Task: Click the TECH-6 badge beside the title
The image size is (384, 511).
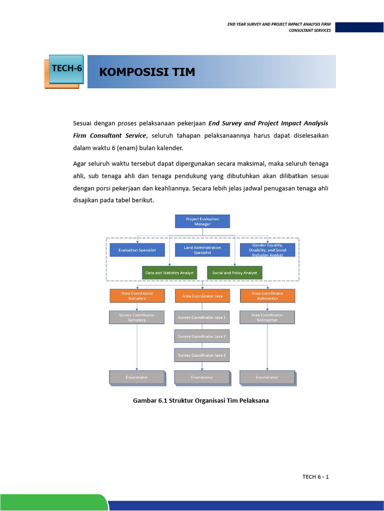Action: (66, 69)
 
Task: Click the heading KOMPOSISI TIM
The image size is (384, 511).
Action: (147, 72)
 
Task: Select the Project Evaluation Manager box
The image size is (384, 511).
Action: (202, 222)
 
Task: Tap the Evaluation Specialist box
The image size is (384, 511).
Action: (137, 250)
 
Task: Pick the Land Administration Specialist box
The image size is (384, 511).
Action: (202, 250)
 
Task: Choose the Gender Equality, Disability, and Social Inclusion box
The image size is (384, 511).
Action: (267, 250)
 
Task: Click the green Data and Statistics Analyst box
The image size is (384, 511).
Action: (169, 273)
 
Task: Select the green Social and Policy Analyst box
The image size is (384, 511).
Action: (234, 273)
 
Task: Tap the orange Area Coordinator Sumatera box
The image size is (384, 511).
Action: (137, 296)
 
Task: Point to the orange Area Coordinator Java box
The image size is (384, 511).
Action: (202, 296)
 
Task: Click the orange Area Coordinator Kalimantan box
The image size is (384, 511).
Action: (267, 296)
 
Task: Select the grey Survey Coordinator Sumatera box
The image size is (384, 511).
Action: (137, 317)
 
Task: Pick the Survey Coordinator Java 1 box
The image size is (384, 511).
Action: (202, 317)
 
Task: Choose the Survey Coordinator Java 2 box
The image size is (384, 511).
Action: (202, 336)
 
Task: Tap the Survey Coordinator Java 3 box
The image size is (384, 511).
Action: (202, 355)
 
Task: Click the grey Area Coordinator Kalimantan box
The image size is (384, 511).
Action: (267, 317)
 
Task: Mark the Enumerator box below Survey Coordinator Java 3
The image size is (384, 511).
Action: (202, 377)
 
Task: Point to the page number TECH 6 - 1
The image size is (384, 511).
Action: (315, 477)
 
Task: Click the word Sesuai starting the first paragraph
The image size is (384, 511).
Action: (83, 123)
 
